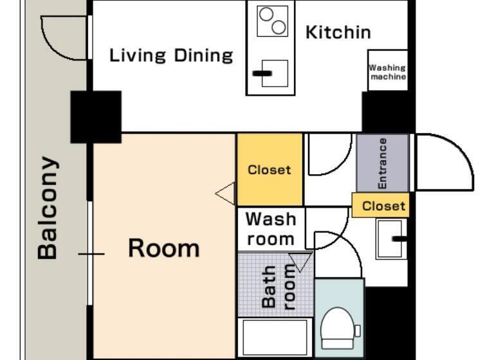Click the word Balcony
tap(48, 207)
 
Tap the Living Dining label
tap(171, 55)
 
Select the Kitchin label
tap(338, 32)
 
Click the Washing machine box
tap(387, 71)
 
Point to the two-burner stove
tap(271, 21)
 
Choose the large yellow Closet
tap(270, 170)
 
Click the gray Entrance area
tap(382, 163)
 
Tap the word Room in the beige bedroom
tap(163, 248)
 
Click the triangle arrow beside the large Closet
tap(226, 193)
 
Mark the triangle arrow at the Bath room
tap(300, 262)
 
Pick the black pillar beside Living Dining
tap(96, 116)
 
